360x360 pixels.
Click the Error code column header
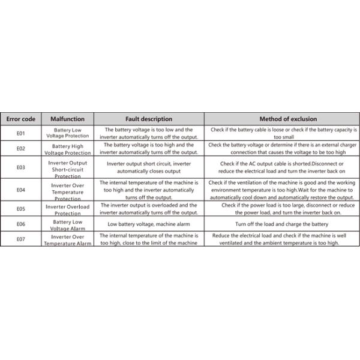(20, 119)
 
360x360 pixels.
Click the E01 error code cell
(20, 133)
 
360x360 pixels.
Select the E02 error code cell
(20, 148)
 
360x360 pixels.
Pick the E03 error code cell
(20, 167)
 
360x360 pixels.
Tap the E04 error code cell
(20, 190)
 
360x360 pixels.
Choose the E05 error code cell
(20, 209)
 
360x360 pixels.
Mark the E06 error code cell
(20, 224)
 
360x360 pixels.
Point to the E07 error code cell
(20, 239)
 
